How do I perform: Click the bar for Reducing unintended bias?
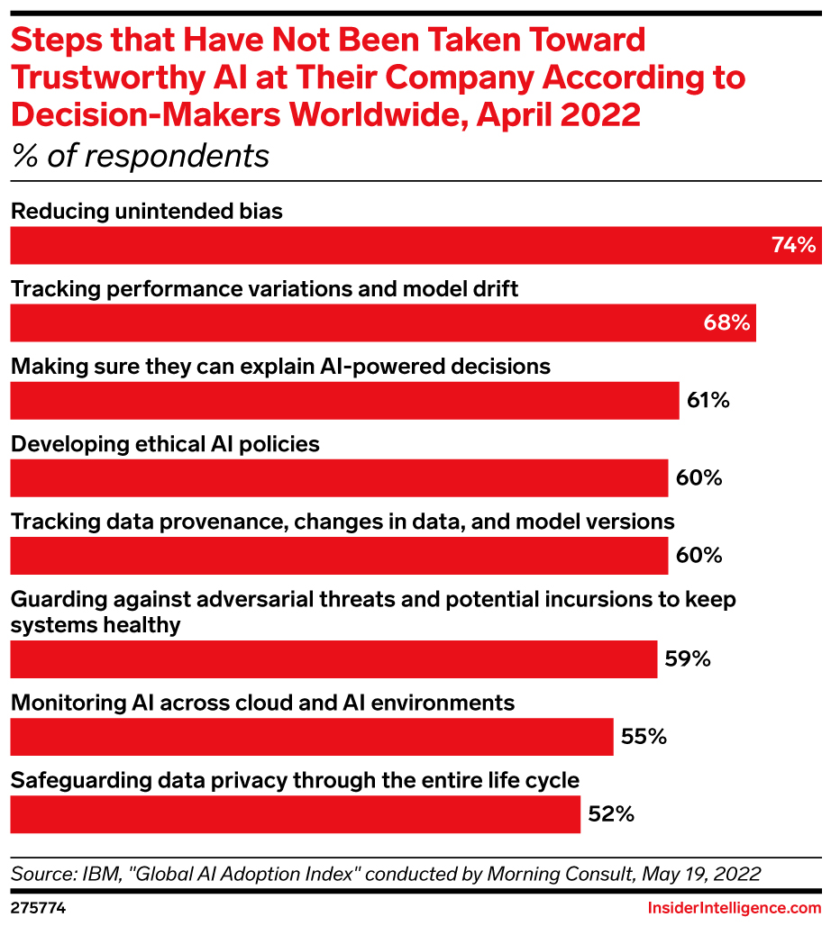pyautogui.click(x=388, y=245)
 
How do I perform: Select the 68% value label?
pyautogui.click(x=727, y=322)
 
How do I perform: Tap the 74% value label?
pyautogui.click(x=793, y=245)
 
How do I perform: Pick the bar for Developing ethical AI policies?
pyautogui.click(x=339, y=477)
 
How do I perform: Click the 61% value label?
pyautogui.click(x=708, y=400)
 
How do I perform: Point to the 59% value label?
pyautogui.click(x=689, y=659)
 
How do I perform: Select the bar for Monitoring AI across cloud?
pyautogui.click(x=311, y=737)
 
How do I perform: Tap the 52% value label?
pyautogui.click(x=611, y=814)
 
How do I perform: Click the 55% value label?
pyautogui.click(x=644, y=737)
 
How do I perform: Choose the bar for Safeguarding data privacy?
pyautogui.click(x=295, y=814)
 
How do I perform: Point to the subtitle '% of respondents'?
pyautogui.click(x=140, y=156)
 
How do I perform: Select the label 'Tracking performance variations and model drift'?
pyautogui.click(x=264, y=289)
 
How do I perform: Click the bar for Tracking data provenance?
pyautogui.click(x=339, y=555)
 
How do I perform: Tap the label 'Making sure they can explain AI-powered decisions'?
pyautogui.click(x=279, y=367)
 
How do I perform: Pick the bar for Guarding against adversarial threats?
pyautogui.click(x=333, y=659)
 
